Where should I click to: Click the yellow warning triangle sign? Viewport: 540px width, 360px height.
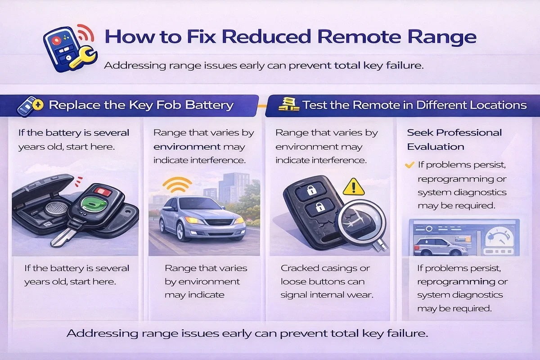pos(353,187)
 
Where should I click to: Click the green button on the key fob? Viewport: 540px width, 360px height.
pos(94,204)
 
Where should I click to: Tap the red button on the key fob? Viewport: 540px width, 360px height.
pos(103,192)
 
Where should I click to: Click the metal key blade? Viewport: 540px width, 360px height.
pos(62,238)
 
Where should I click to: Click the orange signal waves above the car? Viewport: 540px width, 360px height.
pos(177,184)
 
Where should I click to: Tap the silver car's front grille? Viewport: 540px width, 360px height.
pos(220,222)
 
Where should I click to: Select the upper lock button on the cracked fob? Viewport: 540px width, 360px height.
pos(311,190)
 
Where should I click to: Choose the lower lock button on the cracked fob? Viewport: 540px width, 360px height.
pos(319,207)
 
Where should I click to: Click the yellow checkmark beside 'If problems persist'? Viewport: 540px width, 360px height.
pos(409,165)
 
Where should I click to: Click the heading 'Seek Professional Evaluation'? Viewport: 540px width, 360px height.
pos(454,139)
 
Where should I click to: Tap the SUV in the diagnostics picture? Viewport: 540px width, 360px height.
pos(440,247)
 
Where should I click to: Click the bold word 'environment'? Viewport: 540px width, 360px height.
pos(187,147)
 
